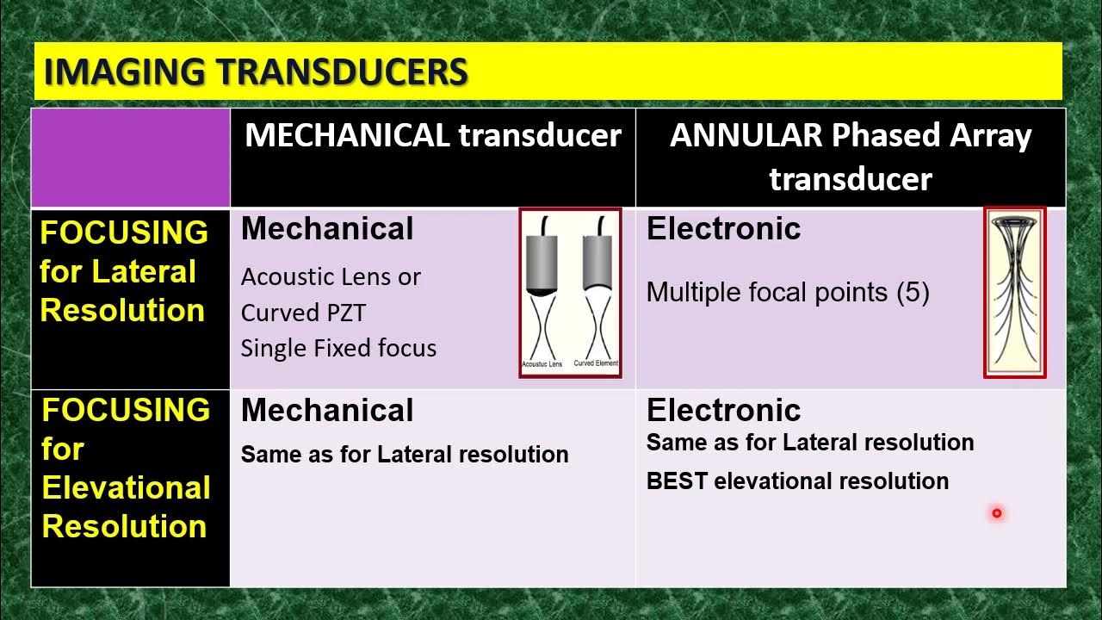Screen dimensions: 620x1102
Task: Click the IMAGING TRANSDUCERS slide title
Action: click(255, 72)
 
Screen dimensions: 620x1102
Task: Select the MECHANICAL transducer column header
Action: click(432, 135)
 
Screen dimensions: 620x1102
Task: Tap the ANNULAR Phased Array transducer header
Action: click(851, 157)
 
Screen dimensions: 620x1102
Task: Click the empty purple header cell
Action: click(131, 158)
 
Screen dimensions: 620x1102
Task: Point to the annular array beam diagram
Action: click(1015, 292)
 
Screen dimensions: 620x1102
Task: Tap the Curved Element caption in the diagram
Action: click(596, 363)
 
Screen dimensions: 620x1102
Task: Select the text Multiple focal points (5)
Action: click(788, 292)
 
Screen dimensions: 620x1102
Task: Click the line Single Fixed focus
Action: click(338, 348)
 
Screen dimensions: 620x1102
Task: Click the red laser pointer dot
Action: click(997, 513)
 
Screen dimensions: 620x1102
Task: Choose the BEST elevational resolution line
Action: click(797, 481)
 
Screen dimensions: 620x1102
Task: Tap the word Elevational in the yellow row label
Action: click(126, 487)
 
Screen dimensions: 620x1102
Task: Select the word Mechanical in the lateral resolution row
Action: click(327, 228)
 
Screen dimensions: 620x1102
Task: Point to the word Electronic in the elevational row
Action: click(723, 410)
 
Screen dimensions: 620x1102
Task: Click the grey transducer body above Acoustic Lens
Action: click(542, 263)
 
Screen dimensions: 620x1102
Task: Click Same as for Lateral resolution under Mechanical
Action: click(405, 454)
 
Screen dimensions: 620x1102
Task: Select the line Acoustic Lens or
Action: click(331, 276)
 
